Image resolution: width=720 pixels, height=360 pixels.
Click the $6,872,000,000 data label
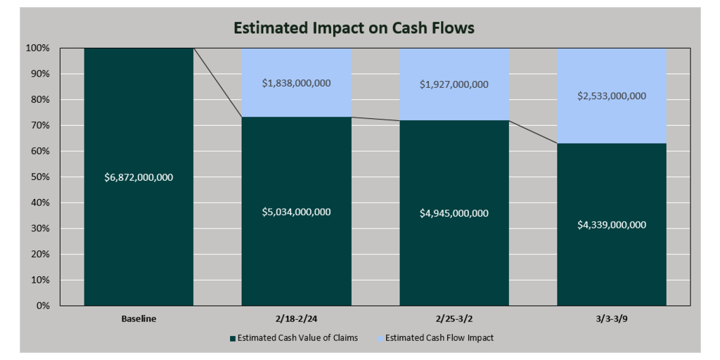[x=139, y=177]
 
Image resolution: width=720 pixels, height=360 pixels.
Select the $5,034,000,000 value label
[x=296, y=212]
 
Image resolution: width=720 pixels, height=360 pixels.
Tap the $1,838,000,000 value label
[x=296, y=83]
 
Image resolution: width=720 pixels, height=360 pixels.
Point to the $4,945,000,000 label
[x=454, y=213]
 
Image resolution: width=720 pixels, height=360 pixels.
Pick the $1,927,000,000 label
[x=454, y=84]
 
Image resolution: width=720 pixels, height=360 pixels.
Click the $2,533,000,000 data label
[x=612, y=96]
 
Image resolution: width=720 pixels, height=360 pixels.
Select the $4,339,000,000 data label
[x=612, y=225]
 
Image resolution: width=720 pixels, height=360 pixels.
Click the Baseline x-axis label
[x=139, y=319]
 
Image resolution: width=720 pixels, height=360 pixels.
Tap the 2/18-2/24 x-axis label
[x=296, y=319]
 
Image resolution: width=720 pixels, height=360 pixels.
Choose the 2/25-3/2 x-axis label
[x=454, y=319]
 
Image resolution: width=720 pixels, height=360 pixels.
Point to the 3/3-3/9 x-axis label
[x=612, y=319]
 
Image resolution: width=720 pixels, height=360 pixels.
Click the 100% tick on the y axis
[x=39, y=48]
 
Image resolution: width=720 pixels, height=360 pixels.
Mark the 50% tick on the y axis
[x=41, y=177]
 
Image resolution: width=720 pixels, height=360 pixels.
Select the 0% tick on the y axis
[x=44, y=306]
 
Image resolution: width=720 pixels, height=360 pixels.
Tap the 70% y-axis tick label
[x=41, y=125]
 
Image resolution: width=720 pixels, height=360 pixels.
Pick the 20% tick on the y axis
[x=41, y=255]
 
